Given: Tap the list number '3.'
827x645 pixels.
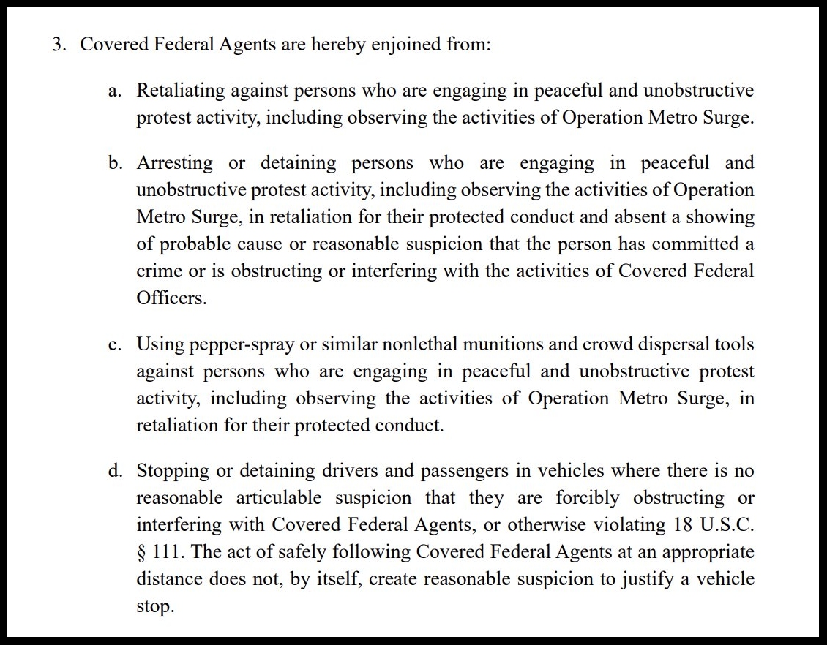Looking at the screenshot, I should [59, 45].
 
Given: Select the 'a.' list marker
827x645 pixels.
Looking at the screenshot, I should [113, 91].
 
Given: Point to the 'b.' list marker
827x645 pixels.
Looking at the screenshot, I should [114, 163].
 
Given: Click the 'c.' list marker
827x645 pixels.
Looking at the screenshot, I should [113, 344].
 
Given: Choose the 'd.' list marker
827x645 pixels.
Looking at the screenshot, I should [114, 471].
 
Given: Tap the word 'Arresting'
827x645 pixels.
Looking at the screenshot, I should [175, 163].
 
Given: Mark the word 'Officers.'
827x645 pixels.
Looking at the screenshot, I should [171, 298].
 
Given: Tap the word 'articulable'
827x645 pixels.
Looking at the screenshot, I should [278, 498].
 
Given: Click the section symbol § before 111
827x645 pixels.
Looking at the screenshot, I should [141, 552].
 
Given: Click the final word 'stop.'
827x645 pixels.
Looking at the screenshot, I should [155, 607].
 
